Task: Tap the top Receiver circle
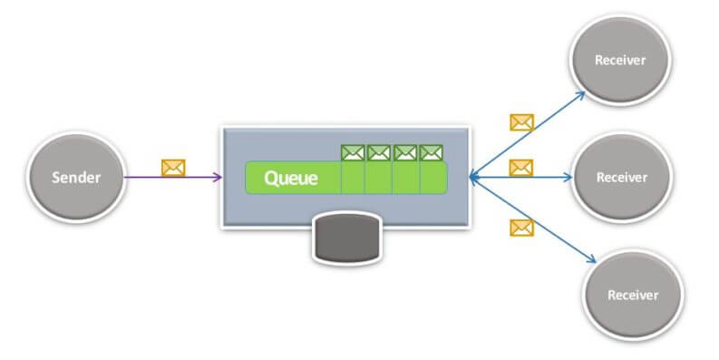coord(620,61)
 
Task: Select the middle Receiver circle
coord(622,177)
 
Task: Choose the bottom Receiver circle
coord(631,295)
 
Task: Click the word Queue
coord(290,178)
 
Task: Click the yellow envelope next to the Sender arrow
coord(172,167)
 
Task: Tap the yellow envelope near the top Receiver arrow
coord(521,122)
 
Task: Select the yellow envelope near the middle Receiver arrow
coord(520,167)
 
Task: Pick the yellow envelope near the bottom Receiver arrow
coord(521,227)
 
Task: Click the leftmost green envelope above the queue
coord(353,153)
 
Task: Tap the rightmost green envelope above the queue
coord(432,153)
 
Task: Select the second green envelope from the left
coord(379,153)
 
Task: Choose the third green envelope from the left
coord(405,153)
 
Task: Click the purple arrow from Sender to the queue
coord(172,177)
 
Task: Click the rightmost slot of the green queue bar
coord(433,178)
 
